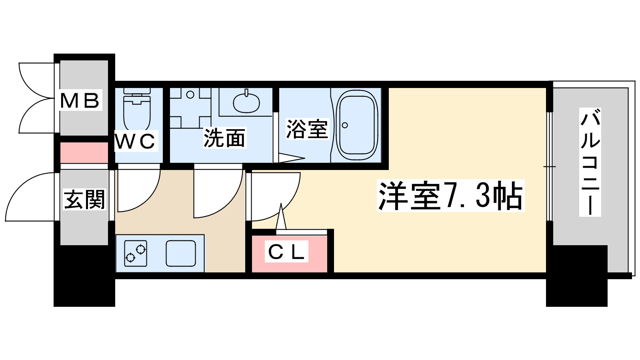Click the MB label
click(x=80, y=100)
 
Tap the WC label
click(x=135, y=141)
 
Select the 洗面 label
click(x=224, y=138)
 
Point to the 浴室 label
click(x=307, y=129)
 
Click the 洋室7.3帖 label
click(x=450, y=196)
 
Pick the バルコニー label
click(x=590, y=162)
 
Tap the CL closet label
click(x=287, y=252)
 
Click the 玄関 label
click(x=84, y=200)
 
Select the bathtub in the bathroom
click(x=357, y=125)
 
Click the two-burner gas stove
click(x=136, y=253)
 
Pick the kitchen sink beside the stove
click(x=181, y=253)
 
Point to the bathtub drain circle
click(x=345, y=125)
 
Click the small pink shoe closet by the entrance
click(x=84, y=152)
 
